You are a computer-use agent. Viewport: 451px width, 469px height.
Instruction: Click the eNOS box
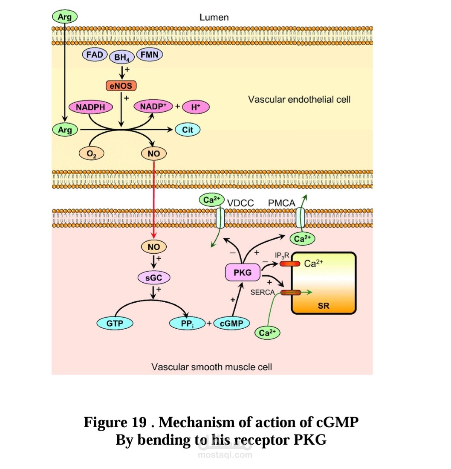pos(121,86)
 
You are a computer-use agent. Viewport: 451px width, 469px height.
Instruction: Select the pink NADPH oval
pos(90,107)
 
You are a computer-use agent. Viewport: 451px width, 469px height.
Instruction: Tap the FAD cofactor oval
pos(94,55)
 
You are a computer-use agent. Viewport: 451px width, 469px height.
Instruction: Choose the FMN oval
pos(149,55)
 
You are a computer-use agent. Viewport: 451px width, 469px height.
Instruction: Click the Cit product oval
pos(188,130)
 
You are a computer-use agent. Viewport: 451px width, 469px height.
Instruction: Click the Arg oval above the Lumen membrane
pos(65,17)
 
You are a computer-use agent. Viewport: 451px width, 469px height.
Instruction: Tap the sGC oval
pos(153,278)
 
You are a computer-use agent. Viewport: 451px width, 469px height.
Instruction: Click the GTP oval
pos(115,324)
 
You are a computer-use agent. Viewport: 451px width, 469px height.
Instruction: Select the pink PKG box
pos(243,272)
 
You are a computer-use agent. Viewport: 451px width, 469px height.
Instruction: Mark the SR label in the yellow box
pos(324,305)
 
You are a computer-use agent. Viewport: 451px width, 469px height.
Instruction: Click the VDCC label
pos(240,203)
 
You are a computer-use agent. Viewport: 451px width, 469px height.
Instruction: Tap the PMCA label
pos(281,203)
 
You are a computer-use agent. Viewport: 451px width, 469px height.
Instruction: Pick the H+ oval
pos(196,107)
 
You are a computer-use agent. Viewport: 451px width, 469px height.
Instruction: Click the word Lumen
pos(214,17)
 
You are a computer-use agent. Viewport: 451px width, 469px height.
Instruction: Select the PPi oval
pos(188,324)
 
